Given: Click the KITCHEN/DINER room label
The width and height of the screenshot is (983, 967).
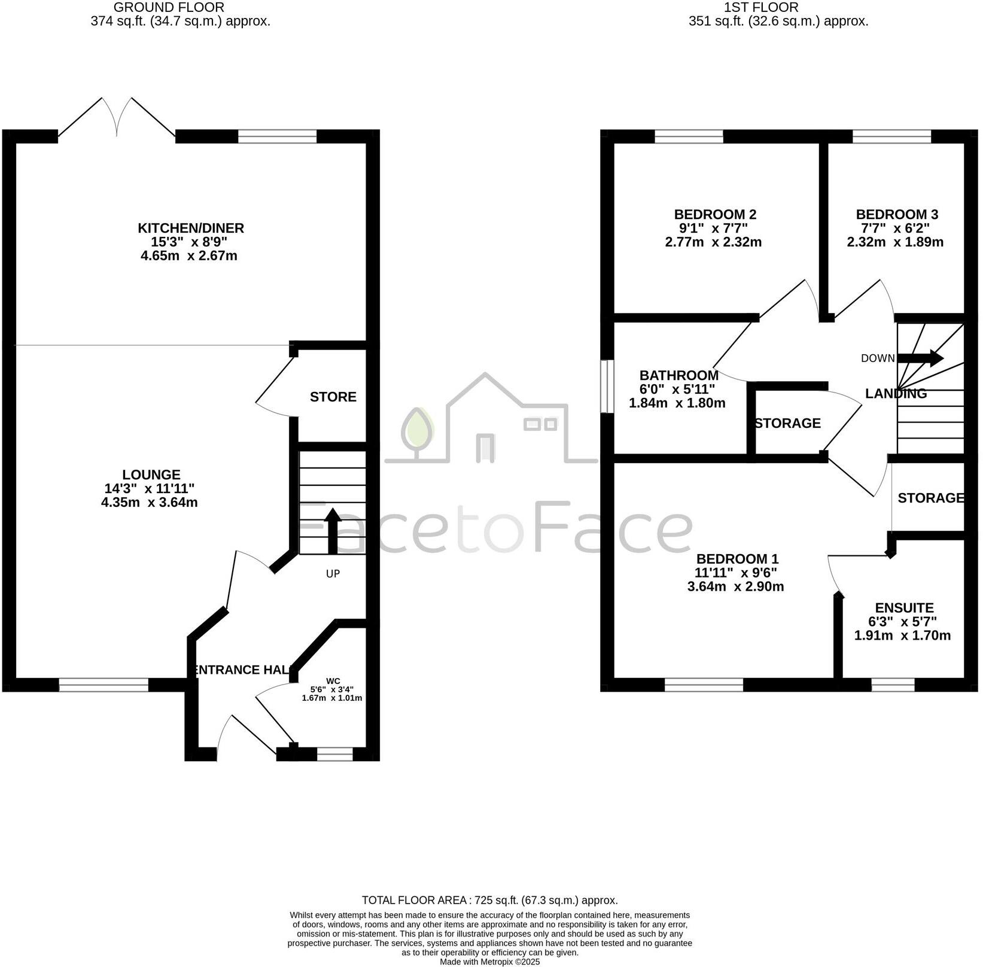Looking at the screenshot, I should tap(191, 228).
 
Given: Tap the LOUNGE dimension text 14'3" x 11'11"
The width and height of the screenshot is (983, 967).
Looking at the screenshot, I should tap(150, 488).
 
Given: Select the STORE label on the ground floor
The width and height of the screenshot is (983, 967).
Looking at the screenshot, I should tap(333, 397).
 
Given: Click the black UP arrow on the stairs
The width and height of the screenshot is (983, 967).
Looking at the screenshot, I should tap(332, 530).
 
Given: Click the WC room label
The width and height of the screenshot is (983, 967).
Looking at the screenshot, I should tap(333, 681).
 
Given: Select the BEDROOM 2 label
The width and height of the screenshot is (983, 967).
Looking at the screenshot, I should tap(715, 214).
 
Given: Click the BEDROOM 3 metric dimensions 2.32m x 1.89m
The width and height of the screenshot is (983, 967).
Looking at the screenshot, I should tap(895, 242).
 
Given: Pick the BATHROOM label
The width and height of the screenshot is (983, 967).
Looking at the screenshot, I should tap(678, 375).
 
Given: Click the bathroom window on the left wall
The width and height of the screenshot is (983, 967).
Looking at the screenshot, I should tap(607, 386).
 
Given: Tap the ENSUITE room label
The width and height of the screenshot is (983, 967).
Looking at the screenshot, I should tap(904, 607).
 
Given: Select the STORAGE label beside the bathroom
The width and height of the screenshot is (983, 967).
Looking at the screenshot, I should tap(787, 423).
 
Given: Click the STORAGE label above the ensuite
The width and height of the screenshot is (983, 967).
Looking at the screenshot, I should tap(930, 498).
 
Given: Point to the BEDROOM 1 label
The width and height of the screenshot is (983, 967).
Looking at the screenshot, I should tap(737, 559).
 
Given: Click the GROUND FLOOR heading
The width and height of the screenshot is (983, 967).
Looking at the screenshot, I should tap(169, 8).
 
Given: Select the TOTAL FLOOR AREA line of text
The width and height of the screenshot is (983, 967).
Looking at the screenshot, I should tap(489, 900).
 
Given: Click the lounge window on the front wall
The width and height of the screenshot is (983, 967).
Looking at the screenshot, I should tap(104, 685).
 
